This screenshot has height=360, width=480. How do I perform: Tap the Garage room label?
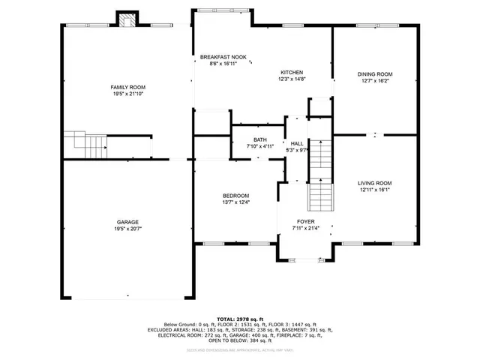point(128,222)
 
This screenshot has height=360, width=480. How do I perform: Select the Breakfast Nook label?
point(223,57)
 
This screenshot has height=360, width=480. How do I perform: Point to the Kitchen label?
point(292,72)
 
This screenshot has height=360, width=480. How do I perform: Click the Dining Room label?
point(375,74)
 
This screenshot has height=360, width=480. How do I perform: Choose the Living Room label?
point(375,183)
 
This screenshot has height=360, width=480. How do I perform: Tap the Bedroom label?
point(235,196)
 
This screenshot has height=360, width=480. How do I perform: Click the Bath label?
point(259,139)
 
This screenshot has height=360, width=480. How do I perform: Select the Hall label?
point(298,143)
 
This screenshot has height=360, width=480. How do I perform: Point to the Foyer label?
point(305,222)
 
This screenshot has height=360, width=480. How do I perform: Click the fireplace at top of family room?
point(127,19)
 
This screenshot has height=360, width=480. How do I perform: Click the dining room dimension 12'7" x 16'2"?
point(375,81)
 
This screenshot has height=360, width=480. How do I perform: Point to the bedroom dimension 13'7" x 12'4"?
point(235,202)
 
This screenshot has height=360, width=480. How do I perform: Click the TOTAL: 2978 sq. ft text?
point(240,318)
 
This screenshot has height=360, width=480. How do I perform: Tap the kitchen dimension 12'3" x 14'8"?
point(292,79)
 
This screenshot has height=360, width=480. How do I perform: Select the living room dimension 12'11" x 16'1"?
point(375,190)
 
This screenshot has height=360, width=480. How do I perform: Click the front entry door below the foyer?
point(305,259)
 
